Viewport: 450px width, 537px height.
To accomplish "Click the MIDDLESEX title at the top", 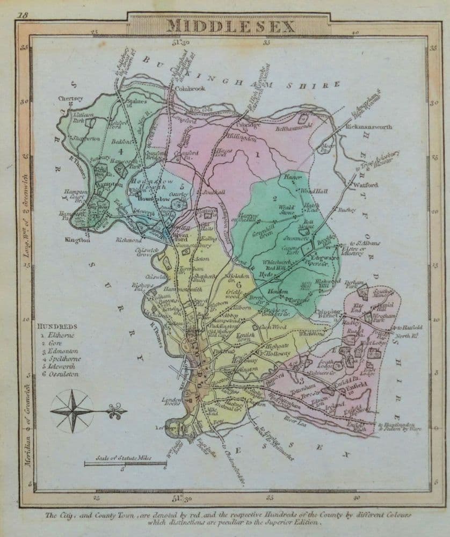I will coord(224,26).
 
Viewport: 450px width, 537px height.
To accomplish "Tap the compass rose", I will coord(72,411).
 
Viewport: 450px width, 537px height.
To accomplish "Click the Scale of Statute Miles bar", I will coord(124,462).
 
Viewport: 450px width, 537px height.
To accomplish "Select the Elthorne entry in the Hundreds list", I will coord(60,335).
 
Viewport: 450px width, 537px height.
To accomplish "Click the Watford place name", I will coord(367,185).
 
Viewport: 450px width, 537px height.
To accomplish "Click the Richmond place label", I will coord(128,241).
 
